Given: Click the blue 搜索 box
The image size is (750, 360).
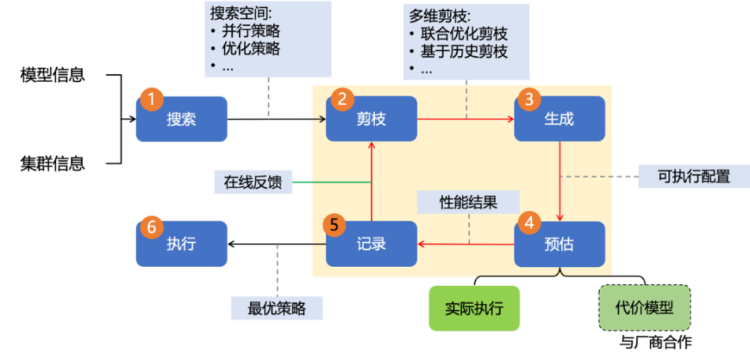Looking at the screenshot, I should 181,119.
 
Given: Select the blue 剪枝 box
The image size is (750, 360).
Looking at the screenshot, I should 371,119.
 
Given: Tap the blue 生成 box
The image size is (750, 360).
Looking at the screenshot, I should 559,119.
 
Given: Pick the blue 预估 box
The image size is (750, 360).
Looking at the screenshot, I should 559,244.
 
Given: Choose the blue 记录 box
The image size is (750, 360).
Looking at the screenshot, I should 371,244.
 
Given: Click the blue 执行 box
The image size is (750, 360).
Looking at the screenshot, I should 181,244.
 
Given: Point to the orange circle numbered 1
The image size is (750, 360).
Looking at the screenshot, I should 151,98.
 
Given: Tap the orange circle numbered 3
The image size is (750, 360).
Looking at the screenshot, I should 529,99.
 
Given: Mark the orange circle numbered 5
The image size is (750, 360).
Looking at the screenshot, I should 334,225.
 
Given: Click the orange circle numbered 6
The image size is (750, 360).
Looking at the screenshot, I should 151,226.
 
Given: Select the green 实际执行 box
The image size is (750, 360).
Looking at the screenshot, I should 474,308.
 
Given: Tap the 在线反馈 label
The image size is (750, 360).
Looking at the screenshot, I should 252,182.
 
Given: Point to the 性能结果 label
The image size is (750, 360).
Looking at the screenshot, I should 468,202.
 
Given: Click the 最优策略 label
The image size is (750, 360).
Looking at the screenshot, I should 277,308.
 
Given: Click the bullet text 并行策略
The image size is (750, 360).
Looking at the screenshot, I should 252,32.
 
